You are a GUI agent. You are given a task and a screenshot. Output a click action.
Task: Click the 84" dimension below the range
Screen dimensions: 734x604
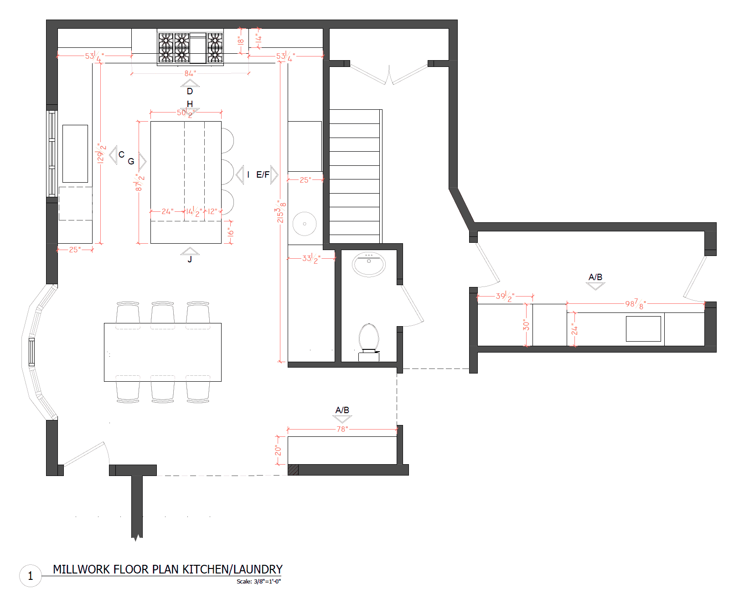click(191, 73)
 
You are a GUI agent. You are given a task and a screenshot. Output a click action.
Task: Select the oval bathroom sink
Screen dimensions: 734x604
click(369, 264)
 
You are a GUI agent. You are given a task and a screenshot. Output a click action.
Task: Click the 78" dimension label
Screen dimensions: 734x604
click(342, 429)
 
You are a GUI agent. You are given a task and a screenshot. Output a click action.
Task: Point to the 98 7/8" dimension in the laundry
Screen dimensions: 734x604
click(636, 304)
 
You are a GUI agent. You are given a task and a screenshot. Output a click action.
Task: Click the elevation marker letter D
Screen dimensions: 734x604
click(190, 92)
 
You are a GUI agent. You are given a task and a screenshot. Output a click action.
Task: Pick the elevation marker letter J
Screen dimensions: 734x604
click(190, 260)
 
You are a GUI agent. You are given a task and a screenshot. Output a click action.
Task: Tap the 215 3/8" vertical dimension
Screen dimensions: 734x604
click(281, 212)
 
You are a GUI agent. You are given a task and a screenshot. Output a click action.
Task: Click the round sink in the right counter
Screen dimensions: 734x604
click(305, 224)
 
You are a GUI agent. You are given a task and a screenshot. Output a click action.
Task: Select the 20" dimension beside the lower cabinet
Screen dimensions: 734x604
click(278, 450)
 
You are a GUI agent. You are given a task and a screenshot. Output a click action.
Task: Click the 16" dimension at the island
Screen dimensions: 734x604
click(231, 232)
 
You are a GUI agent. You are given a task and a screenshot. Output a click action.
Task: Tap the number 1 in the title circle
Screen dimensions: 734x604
click(31, 576)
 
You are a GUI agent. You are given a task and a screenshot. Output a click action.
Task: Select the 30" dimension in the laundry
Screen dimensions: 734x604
click(526, 325)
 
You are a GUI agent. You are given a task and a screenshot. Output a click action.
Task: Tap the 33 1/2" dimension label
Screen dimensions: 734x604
click(312, 259)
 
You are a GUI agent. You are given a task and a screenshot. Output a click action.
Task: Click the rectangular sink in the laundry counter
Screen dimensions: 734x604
click(643, 329)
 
